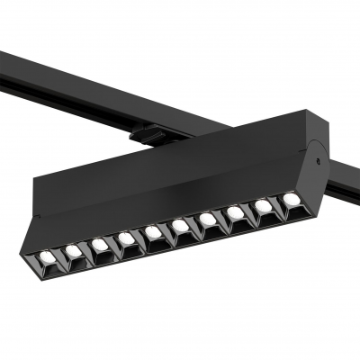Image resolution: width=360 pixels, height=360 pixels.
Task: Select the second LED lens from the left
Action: point(73,247)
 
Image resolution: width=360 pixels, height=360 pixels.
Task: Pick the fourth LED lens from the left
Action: point(127,238)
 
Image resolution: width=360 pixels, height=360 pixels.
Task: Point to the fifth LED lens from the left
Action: point(154,233)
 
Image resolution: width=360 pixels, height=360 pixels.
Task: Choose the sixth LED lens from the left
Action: point(180,228)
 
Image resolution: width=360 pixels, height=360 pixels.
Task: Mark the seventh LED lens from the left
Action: point(207,220)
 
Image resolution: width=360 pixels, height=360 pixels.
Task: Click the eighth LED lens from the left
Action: point(237,213)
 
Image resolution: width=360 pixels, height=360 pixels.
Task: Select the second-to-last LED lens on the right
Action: point(264,206)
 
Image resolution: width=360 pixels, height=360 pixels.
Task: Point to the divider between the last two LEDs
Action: point(277,204)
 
